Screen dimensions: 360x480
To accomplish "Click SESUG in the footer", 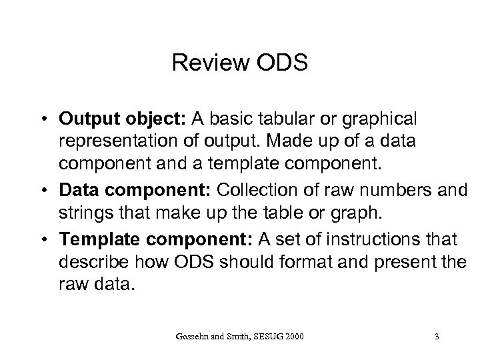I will (261, 336).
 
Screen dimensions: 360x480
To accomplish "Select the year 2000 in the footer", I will (293, 336).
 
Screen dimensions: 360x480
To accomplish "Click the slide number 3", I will (436, 336).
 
